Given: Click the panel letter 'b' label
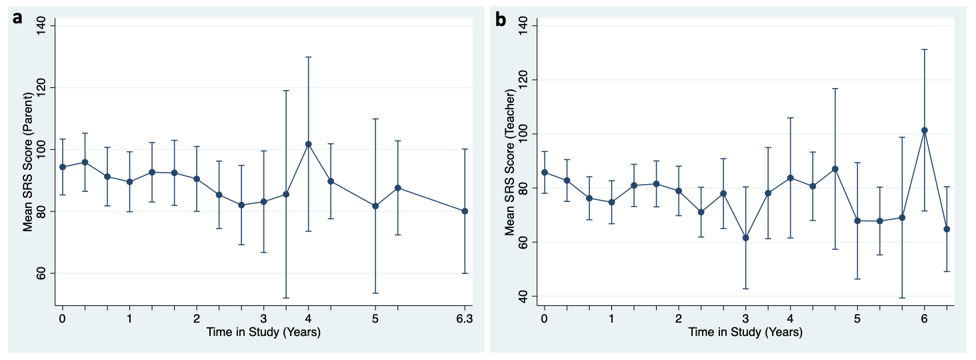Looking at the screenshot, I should coord(500,19).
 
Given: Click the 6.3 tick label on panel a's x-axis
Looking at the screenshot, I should coord(464,318).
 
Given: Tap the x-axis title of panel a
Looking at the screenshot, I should coord(263,332).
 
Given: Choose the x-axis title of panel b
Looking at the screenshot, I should coord(745,332).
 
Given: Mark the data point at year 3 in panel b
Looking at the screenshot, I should coord(745,238).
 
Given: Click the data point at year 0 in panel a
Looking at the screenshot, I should coord(63,167).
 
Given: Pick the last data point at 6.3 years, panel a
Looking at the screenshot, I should coord(465,211).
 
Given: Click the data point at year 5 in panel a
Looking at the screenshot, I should coord(375,206).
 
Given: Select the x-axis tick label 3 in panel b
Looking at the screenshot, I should coord(745,318).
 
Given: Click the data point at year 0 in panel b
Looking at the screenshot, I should coord(545,172).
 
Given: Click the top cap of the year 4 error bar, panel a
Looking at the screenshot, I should coord(308,57).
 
